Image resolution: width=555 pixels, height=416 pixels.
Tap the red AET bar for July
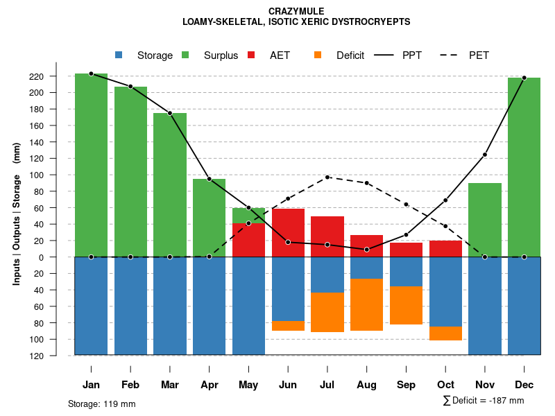327,236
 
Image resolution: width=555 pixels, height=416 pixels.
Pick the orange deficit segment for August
366,304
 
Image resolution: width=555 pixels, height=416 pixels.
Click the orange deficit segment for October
445,333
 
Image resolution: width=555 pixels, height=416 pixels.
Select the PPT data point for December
524,78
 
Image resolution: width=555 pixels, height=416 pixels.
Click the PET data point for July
327,177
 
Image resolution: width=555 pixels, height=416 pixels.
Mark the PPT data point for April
209,179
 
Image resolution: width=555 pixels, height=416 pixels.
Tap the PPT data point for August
366,250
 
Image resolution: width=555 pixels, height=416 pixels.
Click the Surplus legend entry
221,55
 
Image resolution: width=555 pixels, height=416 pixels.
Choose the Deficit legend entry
350,55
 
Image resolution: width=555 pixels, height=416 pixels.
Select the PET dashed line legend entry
479,55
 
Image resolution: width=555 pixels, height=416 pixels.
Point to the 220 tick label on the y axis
56,76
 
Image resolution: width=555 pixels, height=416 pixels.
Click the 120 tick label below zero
56,356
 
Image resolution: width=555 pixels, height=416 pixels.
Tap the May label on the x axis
248,385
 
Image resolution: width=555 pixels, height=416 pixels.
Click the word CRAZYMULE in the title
296,11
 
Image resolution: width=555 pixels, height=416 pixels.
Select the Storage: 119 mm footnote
101,404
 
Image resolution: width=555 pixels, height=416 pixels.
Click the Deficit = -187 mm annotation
484,401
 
